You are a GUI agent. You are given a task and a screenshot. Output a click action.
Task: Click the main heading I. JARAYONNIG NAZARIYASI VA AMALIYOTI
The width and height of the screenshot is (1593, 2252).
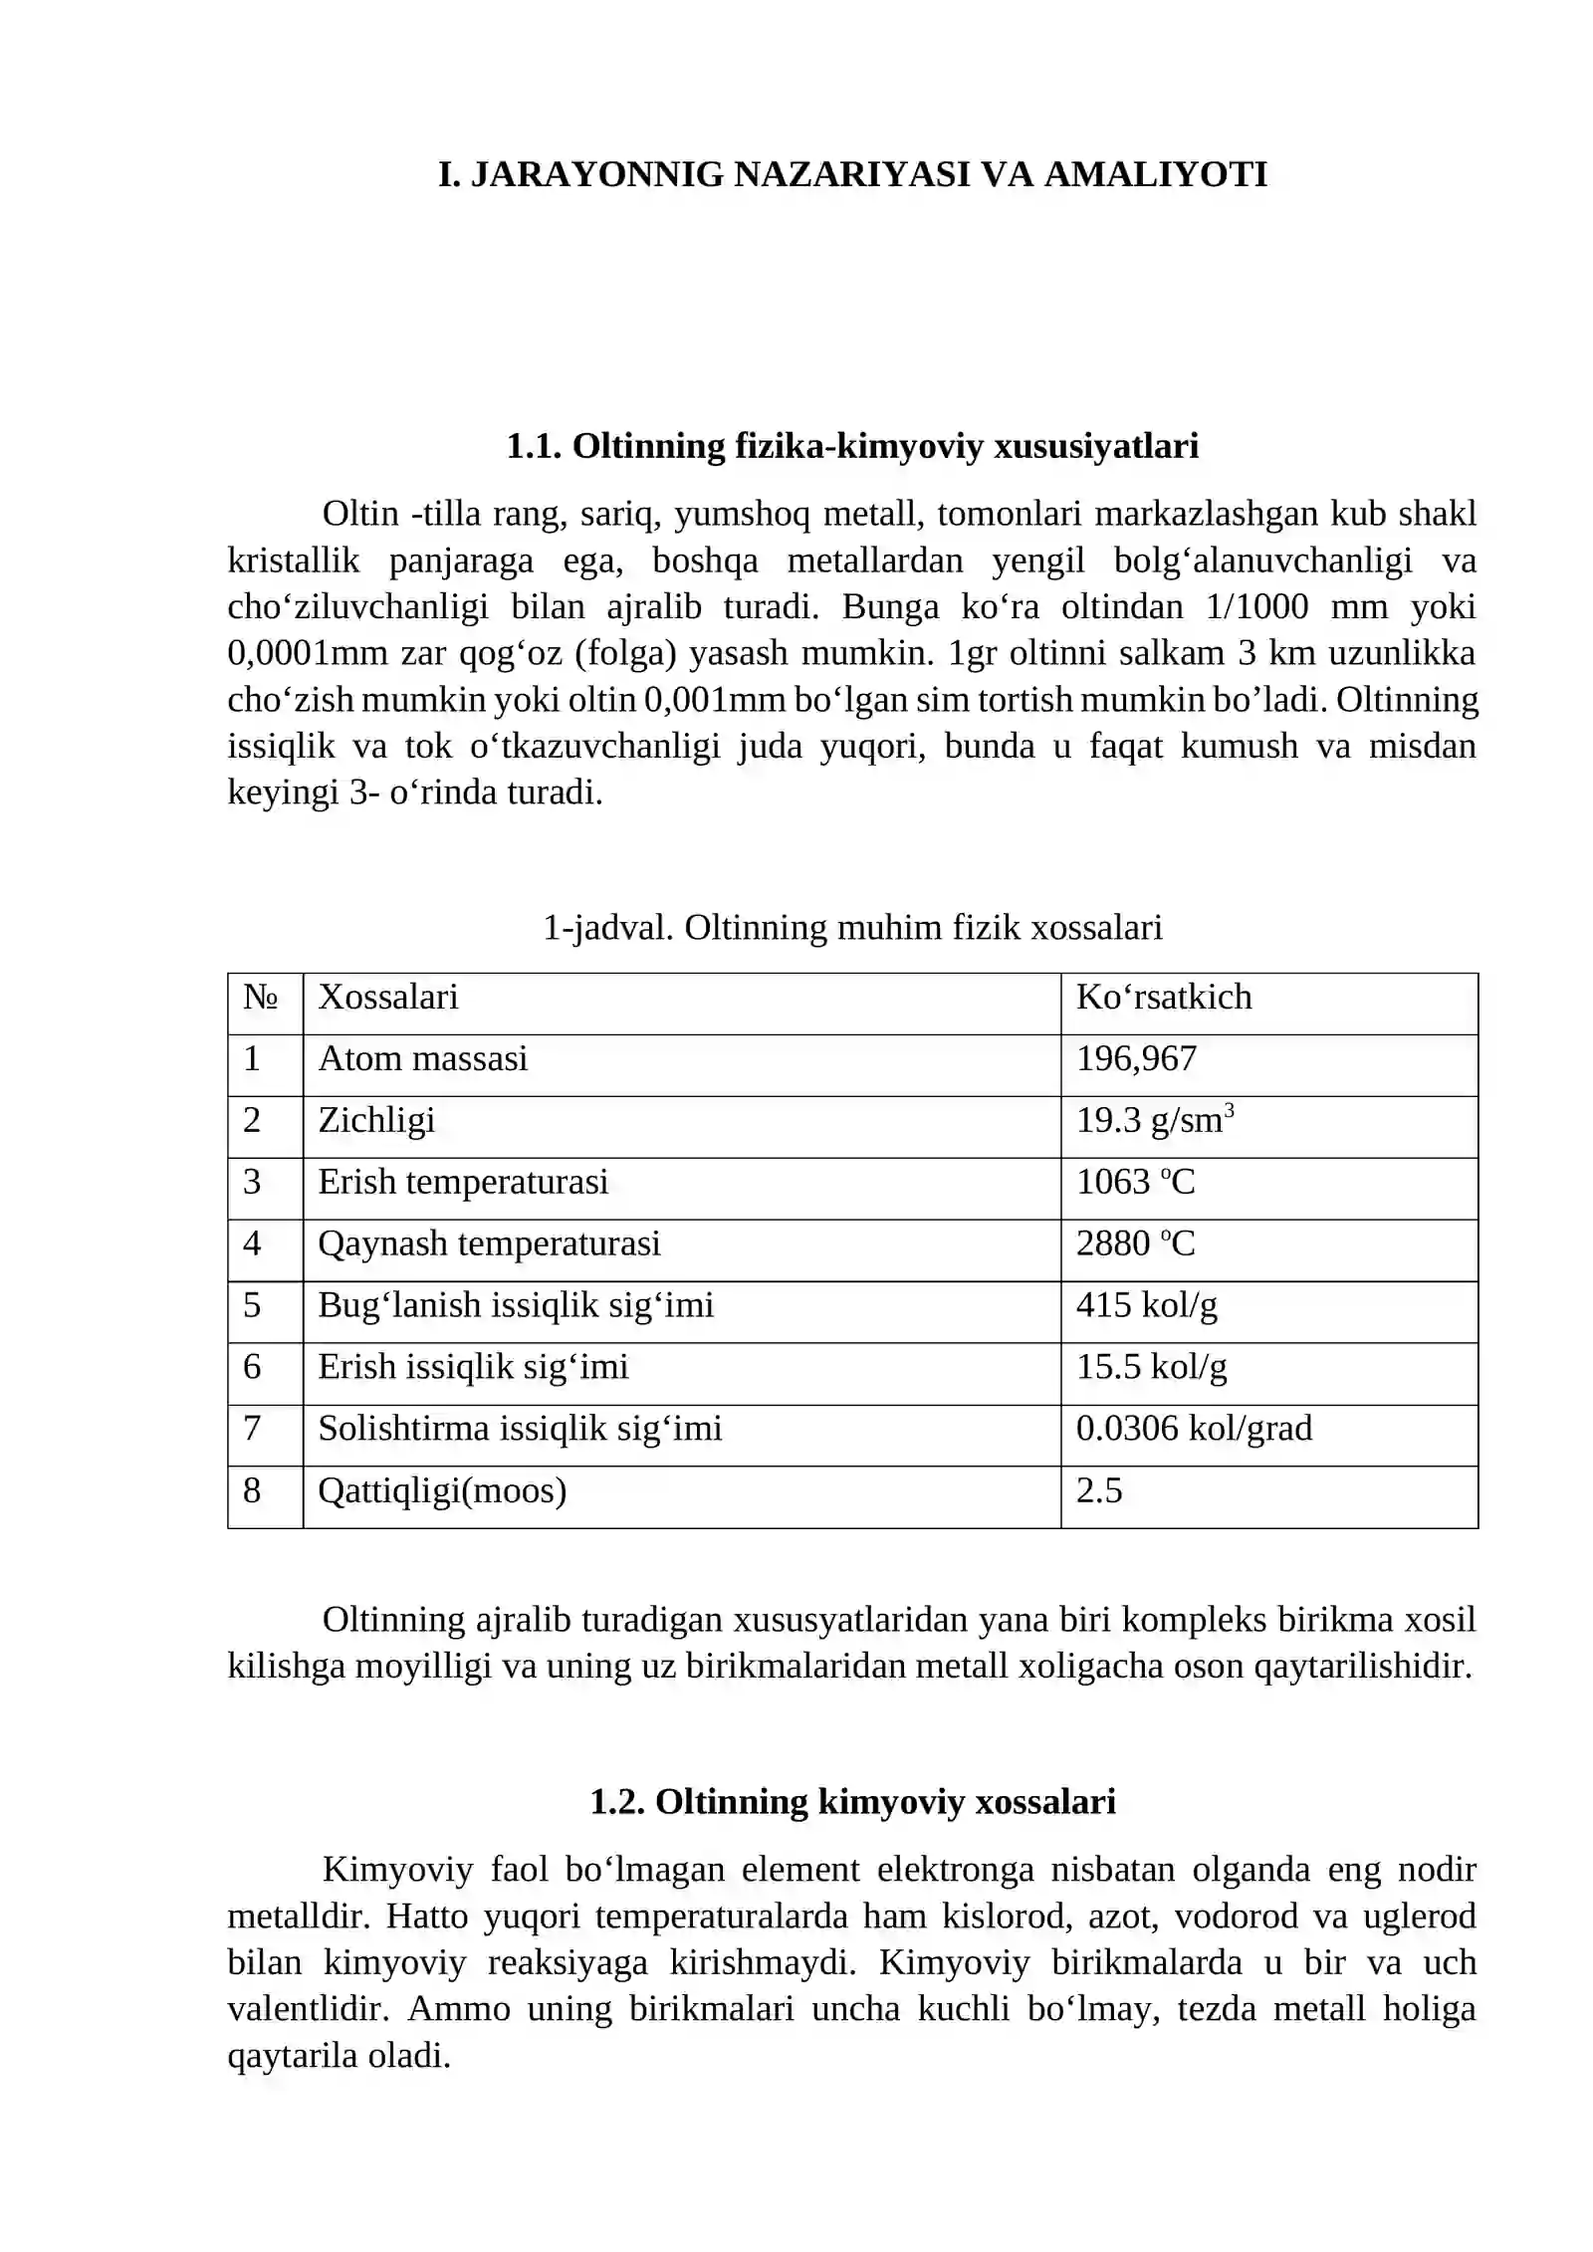[x=852, y=174]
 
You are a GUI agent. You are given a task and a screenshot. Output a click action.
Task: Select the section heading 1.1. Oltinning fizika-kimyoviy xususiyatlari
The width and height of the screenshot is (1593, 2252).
[x=852, y=446]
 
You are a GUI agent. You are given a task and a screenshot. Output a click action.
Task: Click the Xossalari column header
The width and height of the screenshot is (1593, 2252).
[x=388, y=997]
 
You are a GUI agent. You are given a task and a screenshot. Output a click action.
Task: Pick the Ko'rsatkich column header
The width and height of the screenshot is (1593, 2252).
[x=1164, y=997]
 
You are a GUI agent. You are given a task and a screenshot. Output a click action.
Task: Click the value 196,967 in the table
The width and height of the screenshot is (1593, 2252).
[x=1136, y=1058]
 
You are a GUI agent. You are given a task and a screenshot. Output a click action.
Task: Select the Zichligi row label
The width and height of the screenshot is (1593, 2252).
[x=376, y=1120]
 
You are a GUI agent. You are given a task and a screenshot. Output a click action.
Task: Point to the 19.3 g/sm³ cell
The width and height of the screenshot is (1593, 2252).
[x=1155, y=1120]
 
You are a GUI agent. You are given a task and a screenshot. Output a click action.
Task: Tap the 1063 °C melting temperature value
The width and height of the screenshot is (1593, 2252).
[x=1135, y=1182]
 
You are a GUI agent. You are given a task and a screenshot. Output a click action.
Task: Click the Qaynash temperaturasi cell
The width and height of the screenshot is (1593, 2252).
[x=489, y=1243]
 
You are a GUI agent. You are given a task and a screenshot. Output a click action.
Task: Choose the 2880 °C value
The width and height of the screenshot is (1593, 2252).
[x=1135, y=1243]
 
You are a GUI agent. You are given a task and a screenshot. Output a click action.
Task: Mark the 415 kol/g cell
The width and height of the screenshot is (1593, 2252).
[x=1146, y=1305]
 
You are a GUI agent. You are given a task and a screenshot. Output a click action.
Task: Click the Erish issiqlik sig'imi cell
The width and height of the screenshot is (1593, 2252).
[x=473, y=1367]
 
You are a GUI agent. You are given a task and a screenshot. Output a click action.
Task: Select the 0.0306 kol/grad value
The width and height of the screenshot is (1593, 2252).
[x=1194, y=1429]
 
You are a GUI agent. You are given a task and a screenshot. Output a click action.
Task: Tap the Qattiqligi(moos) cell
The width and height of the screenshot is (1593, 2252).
[x=442, y=1490]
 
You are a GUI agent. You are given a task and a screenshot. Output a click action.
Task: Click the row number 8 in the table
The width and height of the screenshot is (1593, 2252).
[x=252, y=1490]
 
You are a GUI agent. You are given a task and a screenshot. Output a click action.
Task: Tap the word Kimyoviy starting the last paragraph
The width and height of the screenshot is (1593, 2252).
[x=397, y=1870]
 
